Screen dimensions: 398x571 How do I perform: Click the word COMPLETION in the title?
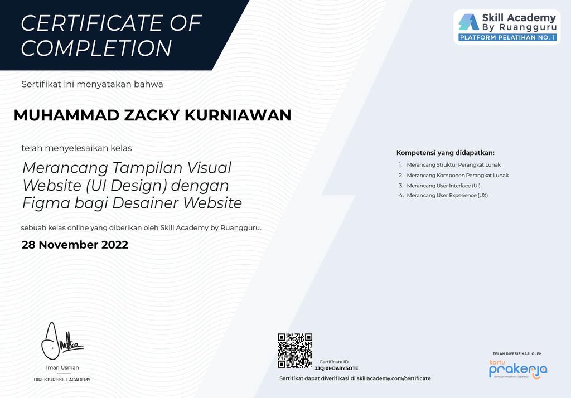coord(96,48)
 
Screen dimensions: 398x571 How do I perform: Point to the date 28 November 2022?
coord(75,245)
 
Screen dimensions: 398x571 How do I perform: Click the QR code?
coord(295,351)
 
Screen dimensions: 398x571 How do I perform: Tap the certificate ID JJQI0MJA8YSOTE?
coord(336,368)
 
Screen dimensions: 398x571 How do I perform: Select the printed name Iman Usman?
coord(62,367)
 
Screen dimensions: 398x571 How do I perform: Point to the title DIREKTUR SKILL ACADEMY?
coord(62,380)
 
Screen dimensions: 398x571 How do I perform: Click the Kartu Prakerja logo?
coord(517,369)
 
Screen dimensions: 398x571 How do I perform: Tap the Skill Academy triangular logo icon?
coord(468,22)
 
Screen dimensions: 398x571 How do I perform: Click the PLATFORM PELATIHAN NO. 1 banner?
coord(507,38)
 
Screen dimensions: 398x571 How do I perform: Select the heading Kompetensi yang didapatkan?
coord(445,153)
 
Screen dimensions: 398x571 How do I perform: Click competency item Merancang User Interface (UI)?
coord(443,185)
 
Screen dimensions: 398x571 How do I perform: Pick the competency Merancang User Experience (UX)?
coord(447,195)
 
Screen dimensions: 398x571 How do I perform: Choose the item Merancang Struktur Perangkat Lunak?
coord(453,165)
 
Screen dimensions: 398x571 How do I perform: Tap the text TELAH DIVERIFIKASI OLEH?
coord(517,354)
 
